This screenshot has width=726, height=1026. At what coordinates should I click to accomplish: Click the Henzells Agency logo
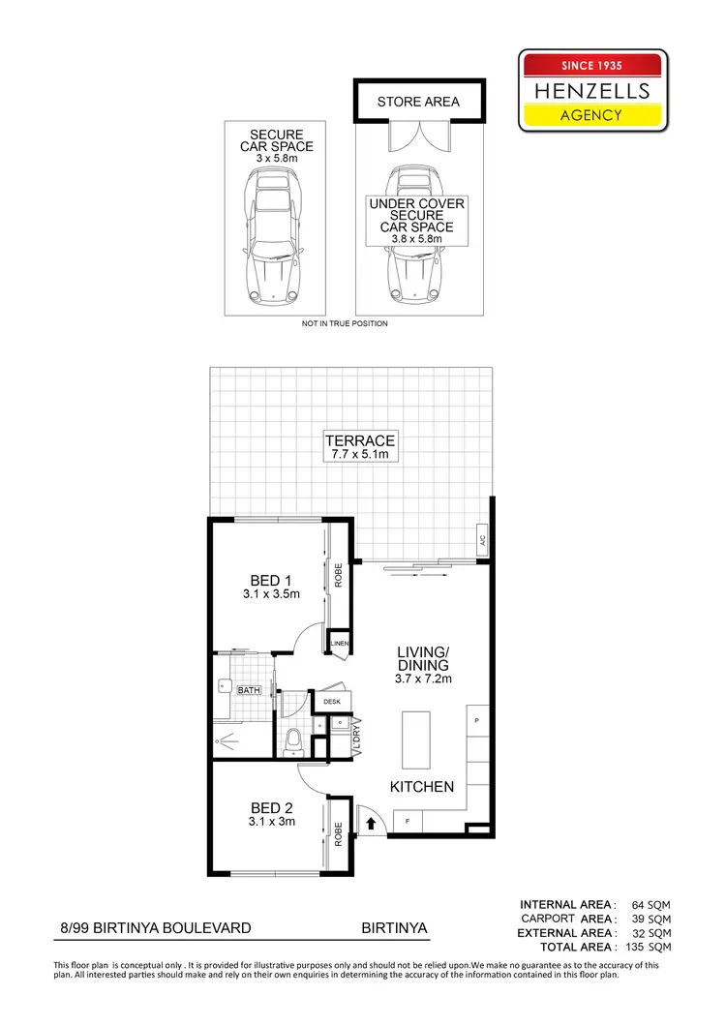pyautogui.click(x=593, y=91)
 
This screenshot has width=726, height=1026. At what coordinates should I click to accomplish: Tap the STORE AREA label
pyautogui.click(x=418, y=102)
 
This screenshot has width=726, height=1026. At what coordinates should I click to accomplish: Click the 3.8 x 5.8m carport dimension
pyautogui.click(x=416, y=239)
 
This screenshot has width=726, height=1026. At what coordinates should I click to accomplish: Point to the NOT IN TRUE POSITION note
pyautogui.click(x=345, y=323)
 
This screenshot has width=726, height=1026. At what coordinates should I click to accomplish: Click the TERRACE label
pyautogui.click(x=360, y=440)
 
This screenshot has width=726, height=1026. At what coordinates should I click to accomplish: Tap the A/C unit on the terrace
pyautogui.click(x=481, y=540)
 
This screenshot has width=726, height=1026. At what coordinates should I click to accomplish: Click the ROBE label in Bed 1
pyautogui.click(x=339, y=577)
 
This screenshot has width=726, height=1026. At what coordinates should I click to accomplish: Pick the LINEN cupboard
pyautogui.click(x=339, y=644)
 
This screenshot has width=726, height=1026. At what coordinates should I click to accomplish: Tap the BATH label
pyautogui.click(x=250, y=690)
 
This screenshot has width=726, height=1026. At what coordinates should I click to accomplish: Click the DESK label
pyautogui.click(x=330, y=701)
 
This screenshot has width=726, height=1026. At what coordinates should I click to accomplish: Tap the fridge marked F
pyautogui.click(x=407, y=821)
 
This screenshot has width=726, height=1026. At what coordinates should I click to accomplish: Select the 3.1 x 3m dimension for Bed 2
pyautogui.click(x=272, y=822)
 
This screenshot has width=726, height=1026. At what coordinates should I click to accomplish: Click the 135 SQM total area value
pyautogui.click(x=647, y=947)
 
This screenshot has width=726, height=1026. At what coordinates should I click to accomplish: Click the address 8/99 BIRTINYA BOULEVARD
pyautogui.click(x=155, y=927)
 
